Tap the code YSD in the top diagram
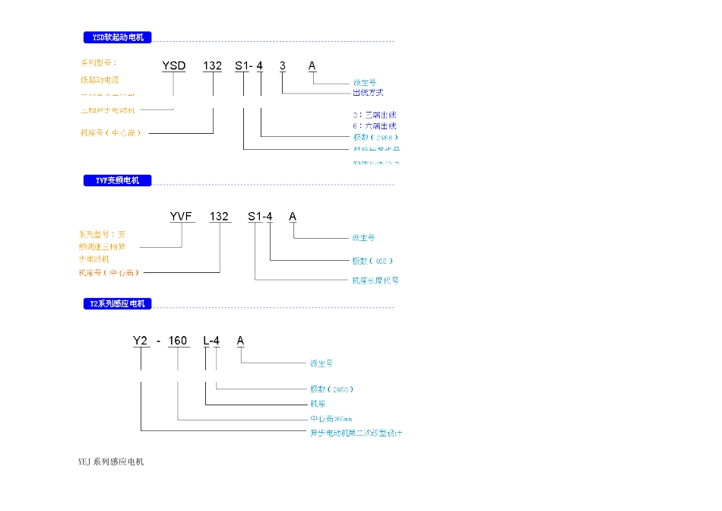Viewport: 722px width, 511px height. tap(174, 66)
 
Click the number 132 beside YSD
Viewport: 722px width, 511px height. tap(212, 66)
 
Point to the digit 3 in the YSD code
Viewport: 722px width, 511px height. tap(283, 66)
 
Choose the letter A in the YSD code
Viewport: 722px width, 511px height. tap(312, 66)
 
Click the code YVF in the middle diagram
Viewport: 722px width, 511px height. tap(182, 217)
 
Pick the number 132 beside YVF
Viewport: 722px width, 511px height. tap(219, 217)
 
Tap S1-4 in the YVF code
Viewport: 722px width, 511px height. tap(260, 217)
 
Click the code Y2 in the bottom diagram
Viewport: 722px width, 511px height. tap(141, 341)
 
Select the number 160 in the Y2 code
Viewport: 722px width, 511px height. tap(178, 341)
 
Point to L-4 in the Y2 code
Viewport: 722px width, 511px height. tap(211, 341)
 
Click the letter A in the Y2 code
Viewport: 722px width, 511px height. tap(240, 341)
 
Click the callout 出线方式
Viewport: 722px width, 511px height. tap(369, 93)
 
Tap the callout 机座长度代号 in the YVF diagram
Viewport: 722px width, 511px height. tap(375, 281)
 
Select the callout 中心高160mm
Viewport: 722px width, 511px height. tap(331, 419)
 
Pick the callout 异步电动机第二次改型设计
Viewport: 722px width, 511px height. tap(355, 433)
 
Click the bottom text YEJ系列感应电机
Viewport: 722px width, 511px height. tap(111, 462)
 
